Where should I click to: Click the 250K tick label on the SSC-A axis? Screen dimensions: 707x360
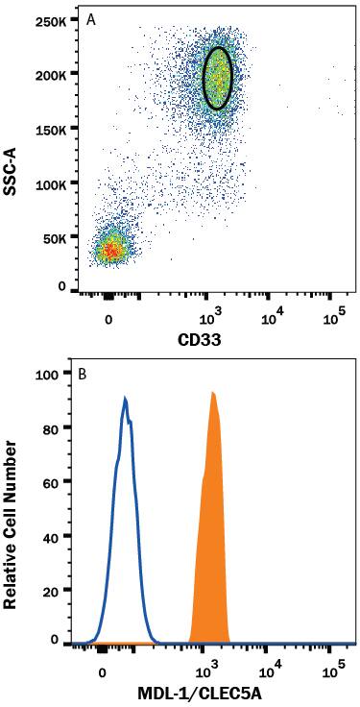[x=49, y=19]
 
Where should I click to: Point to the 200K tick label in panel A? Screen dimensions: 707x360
[x=49, y=73]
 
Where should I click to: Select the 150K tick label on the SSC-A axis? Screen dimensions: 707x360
[x=49, y=127]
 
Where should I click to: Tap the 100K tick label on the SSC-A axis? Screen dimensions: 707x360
[x=49, y=182]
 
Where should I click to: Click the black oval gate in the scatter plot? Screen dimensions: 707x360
[x=219, y=78]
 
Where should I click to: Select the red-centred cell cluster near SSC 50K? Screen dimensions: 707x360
[x=111, y=250]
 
